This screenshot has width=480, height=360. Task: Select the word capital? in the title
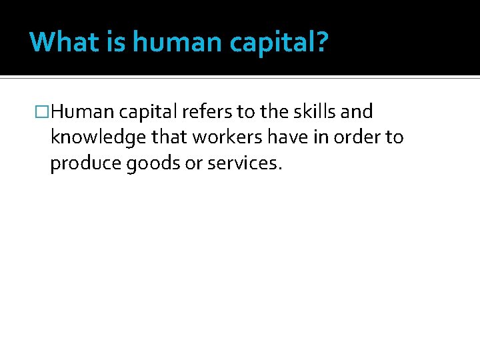pos(280,43)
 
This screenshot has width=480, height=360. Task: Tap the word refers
pos(211,111)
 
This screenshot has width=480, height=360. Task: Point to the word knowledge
pos(94,138)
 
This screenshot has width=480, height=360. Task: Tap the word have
pos(273,137)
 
